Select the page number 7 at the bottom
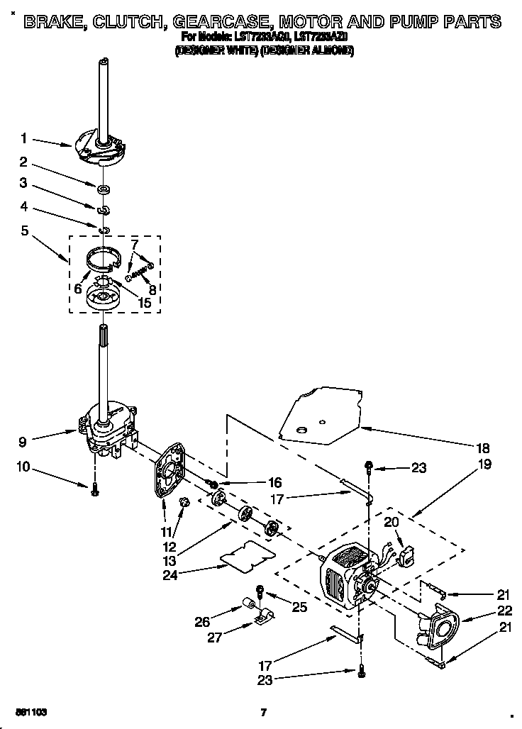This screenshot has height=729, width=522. [x=262, y=712]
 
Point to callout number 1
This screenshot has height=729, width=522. [x=23, y=138]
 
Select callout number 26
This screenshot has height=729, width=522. [x=201, y=623]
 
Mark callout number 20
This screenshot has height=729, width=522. [x=391, y=521]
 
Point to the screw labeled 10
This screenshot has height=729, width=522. [x=94, y=490]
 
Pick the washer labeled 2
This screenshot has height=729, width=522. [x=104, y=189]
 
